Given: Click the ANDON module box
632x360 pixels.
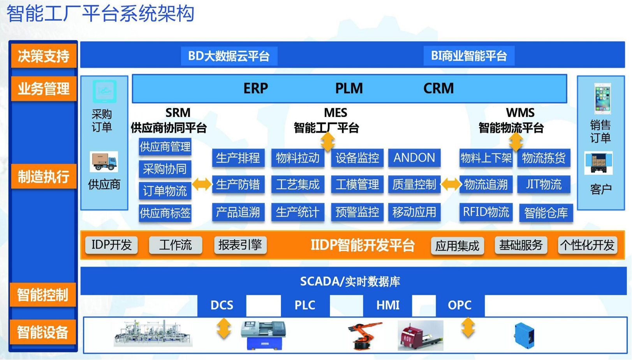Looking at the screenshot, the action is [414, 158].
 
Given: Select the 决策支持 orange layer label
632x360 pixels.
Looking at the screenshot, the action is [44, 56].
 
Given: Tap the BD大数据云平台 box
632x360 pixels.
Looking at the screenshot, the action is [229, 56].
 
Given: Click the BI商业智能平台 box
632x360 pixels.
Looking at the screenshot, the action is [469, 56].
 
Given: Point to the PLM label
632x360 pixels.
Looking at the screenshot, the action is [349, 88].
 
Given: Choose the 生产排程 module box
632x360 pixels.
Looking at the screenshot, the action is [238, 158].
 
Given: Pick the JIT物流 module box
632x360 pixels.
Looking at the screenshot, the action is [544, 184].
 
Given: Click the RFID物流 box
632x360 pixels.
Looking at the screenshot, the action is [486, 212].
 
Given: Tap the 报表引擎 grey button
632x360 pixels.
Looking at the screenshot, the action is [240, 245].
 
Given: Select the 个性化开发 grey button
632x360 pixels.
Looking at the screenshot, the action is [588, 245].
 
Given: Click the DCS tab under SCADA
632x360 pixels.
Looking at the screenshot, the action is [222, 305].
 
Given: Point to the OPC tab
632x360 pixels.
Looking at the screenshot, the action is [460, 305].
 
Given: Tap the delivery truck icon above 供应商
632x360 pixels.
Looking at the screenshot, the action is [104, 162].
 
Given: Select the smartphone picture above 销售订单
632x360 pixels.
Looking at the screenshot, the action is [602, 98].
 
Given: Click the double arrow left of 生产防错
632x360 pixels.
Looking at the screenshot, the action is [202, 184].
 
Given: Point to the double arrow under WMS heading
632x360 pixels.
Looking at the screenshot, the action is [516, 142].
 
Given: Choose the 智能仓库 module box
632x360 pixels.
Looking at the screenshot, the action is [546, 213].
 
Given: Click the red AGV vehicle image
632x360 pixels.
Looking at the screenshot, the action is [421, 335].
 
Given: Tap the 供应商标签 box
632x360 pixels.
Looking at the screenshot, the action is [165, 213].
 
